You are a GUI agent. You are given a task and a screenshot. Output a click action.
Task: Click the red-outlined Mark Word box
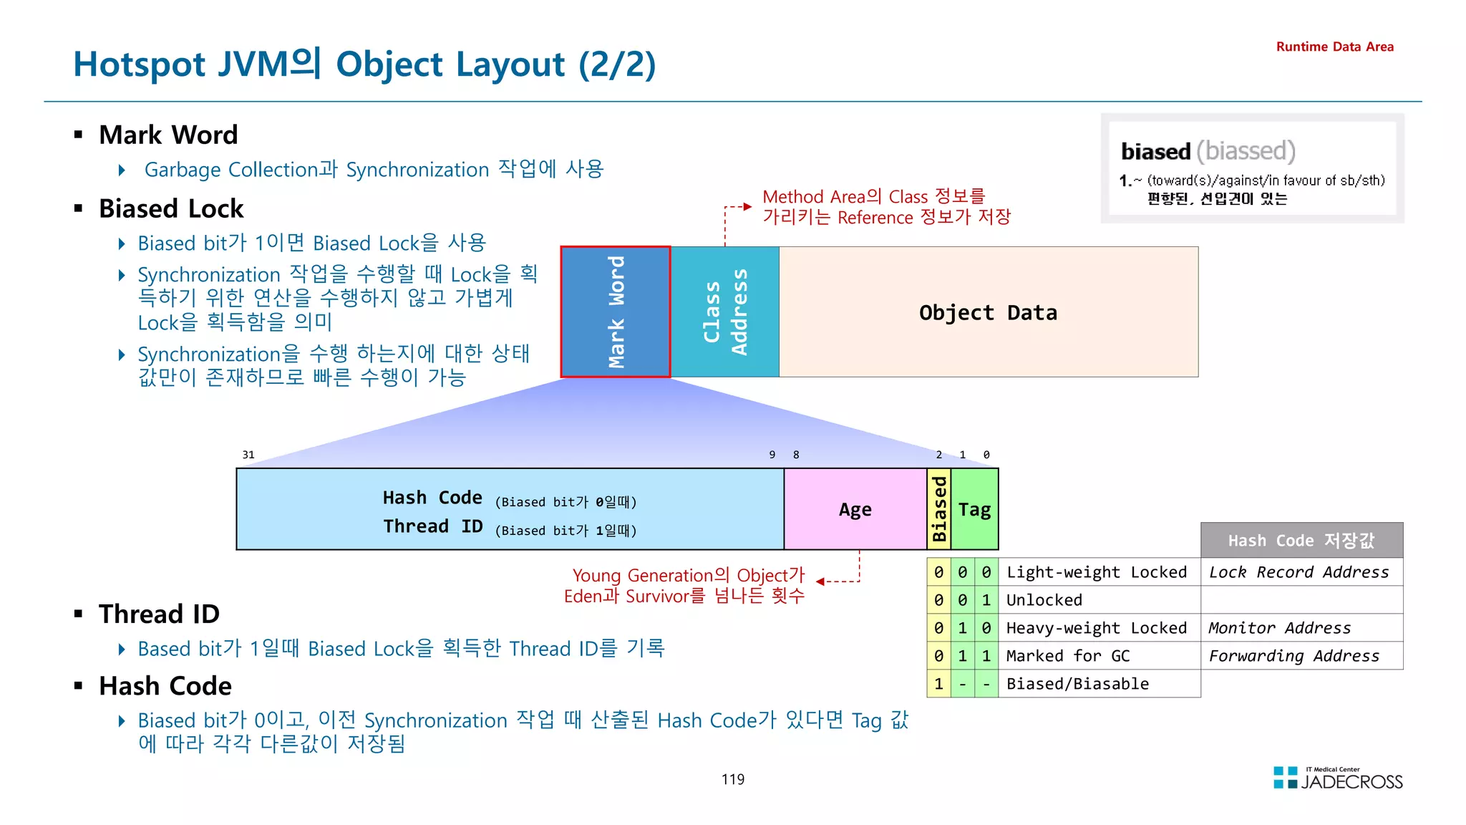pyautogui.click(x=616, y=312)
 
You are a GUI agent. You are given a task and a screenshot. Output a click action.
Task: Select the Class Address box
pyautogui.click(x=724, y=312)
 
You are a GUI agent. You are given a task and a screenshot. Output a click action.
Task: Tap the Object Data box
pyautogui.click(x=988, y=312)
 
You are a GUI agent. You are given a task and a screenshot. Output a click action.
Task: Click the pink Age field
pyautogui.click(x=855, y=509)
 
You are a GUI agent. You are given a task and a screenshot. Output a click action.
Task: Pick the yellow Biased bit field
pyautogui.click(x=938, y=509)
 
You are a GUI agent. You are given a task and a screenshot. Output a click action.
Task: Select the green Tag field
pyautogui.click(x=974, y=509)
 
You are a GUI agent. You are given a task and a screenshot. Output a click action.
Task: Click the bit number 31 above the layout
pyautogui.click(x=248, y=455)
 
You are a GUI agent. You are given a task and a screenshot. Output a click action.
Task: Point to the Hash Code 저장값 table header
pyautogui.click(x=1301, y=541)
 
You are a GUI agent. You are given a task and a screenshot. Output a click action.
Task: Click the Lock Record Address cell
pyautogui.click(x=1299, y=572)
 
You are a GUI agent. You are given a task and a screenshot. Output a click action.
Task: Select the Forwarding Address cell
pyautogui.click(x=1294, y=656)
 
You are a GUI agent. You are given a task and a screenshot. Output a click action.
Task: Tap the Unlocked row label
pyautogui.click(x=1044, y=600)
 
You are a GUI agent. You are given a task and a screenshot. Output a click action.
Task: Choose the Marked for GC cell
pyautogui.click(x=1067, y=656)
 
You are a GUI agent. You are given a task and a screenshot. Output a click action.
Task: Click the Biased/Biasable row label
pyautogui.click(x=1077, y=684)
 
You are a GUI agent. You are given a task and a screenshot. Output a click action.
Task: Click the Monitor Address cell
pyautogui.click(x=1279, y=628)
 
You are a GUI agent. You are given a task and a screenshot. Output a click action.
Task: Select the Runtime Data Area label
pyautogui.click(x=1334, y=47)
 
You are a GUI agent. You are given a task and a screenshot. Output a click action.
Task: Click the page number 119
pyautogui.click(x=732, y=779)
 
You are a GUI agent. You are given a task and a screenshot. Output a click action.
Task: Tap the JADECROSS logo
pyautogui.click(x=1338, y=779)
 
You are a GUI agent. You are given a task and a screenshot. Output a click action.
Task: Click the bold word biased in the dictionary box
pyautogui.click(x=1155, y=152)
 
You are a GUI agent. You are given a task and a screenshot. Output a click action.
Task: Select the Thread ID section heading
pyautogui.click(x=159, y=614)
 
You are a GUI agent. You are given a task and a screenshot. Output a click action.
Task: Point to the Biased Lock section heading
pyautogui.click(x=171, y=208)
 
